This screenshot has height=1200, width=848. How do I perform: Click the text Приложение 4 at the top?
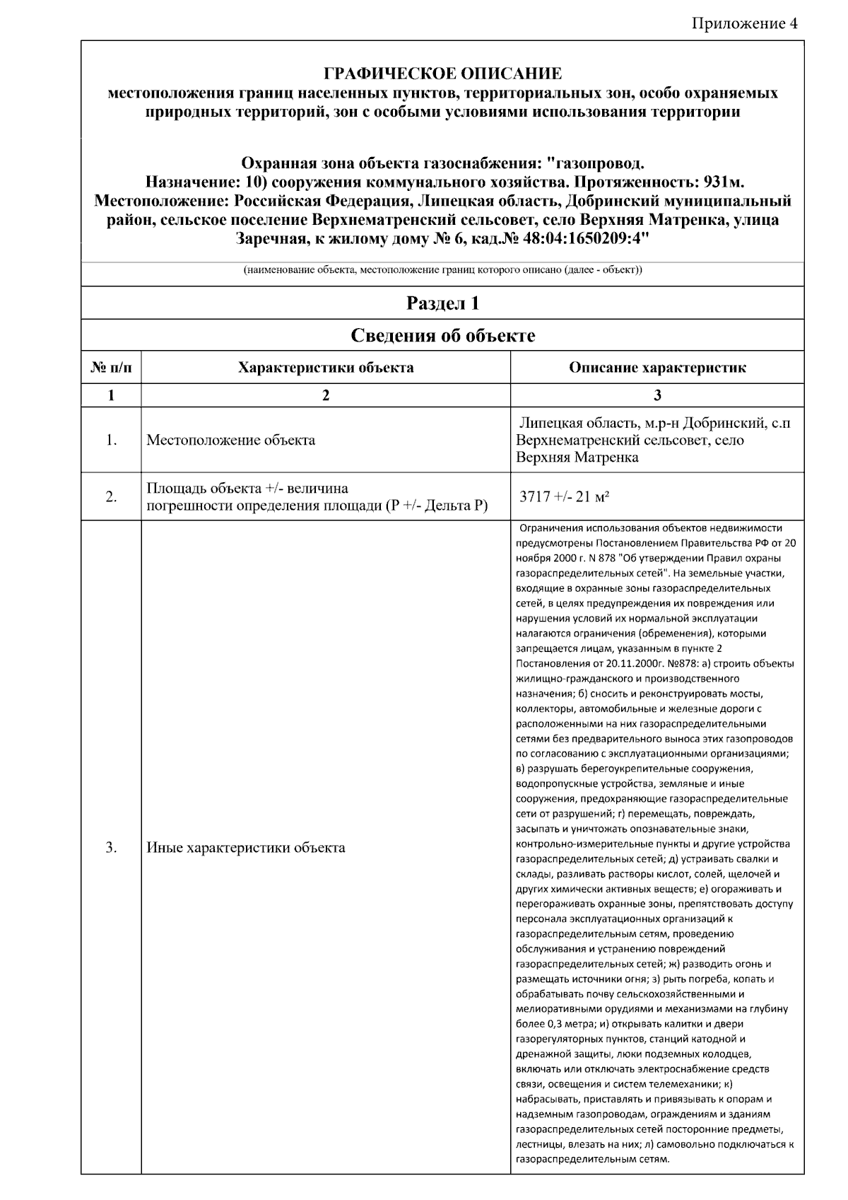click(x=744, y=23)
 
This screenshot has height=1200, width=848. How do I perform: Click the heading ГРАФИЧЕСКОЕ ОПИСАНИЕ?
click(x=442, y=74)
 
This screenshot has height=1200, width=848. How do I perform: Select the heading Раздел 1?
click(x=442, y=303)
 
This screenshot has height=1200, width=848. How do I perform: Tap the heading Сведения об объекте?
click(x=442, y=335)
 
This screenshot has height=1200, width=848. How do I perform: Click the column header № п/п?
click(x=111, y=368)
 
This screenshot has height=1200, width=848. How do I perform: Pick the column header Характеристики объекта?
click(x=326, y=368)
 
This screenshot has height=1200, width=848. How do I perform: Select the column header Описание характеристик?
click(x=657, y=368)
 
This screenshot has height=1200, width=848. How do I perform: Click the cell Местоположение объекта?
click(x=231, y=441)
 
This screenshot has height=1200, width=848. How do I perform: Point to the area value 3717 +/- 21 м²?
click(x=565, y=496)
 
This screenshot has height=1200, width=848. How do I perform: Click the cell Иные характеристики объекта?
click(x=246, y=847)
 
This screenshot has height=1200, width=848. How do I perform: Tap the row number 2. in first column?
click(x=111, y=496)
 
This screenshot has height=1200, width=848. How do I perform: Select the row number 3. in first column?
click(x=111, y=847)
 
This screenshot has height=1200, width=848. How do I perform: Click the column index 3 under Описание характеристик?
click(x=657, y=395)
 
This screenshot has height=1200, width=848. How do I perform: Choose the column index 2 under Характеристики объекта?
click(x=326, y=395)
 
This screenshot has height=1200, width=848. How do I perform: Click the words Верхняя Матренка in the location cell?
click(x=577, y=458)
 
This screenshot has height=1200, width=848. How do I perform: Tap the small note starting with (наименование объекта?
click(x=442, y=271)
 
